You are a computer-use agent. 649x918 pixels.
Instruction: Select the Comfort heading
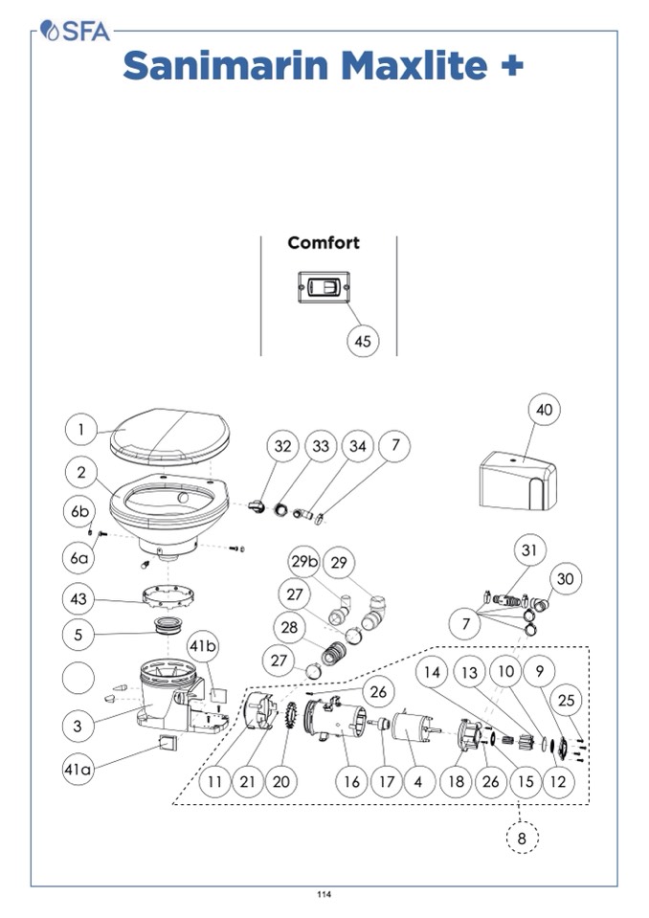(x=324, y=243)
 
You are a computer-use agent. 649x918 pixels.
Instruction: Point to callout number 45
(x=362, y=340)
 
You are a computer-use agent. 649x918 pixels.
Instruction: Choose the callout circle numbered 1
(x=81, y=430)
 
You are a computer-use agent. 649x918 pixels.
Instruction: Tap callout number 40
(x=544, y=410)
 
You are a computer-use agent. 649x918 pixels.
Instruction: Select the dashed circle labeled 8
(x=522, y=840)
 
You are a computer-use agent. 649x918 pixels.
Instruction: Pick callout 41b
(x=202, y=646)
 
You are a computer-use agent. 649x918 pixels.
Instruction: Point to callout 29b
(x=302, y=563)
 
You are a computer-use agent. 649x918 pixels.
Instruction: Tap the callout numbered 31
(x=529, y=550)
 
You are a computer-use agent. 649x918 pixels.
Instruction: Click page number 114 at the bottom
(x=324, y=895)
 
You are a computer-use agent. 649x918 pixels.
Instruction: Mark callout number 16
(x=352, y=782)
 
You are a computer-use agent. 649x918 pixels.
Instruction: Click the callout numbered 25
(x=567, y=700)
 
